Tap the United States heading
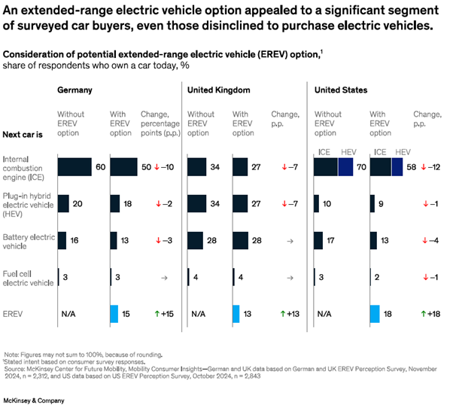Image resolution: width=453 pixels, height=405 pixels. (x=341, y=90)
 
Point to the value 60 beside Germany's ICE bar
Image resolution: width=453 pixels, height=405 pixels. (x=98, y=167)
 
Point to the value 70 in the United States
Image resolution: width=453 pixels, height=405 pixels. (x=359, y=167)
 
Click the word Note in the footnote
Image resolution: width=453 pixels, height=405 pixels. (x=11, y=355)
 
